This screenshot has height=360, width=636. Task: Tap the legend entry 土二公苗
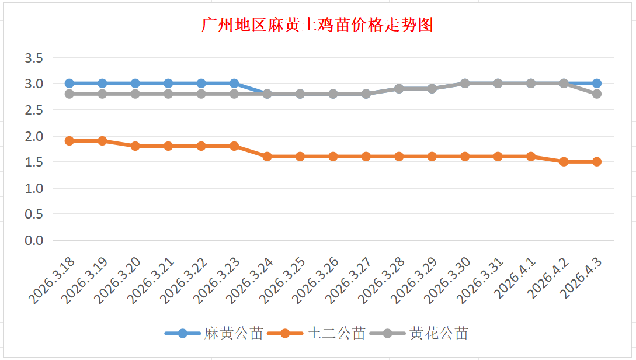click(336, 334)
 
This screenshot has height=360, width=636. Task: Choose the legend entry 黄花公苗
click(439, 334)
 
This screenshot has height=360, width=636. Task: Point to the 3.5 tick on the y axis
click(34, 58)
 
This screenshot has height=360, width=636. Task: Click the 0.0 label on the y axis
click(34, 240)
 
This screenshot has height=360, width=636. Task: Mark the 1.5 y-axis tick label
click(34, 162)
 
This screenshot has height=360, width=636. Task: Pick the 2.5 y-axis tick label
click(34, 110)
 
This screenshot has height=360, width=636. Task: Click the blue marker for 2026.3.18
click(69, 84)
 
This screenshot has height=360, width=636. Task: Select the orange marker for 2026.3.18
click(69, 141)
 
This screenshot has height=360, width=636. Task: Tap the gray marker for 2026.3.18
click(69, 94)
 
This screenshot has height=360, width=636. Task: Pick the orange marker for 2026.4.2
click(564, 162)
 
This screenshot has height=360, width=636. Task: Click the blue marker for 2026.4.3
click(597, 84)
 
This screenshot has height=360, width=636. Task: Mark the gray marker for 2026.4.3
click(597, 94)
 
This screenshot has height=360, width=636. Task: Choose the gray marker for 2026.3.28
click(399, 89)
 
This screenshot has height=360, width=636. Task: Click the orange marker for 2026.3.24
click(267, 157)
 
